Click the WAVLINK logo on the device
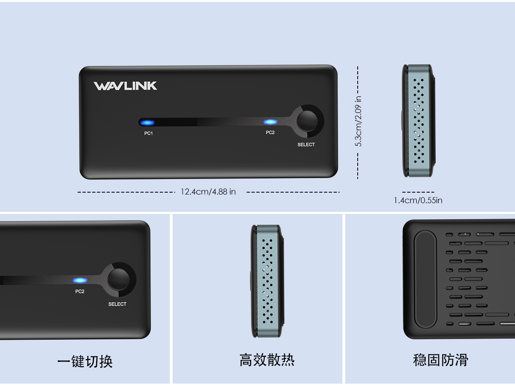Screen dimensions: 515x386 pos(125,86)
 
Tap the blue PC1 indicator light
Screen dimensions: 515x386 pos(148,123)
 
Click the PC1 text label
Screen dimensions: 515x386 pos(148,133)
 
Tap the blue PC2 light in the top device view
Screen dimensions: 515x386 pos(270,122)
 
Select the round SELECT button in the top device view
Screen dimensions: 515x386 pos(307,121)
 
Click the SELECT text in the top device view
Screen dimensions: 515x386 pos(306,145)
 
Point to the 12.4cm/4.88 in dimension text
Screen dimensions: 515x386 pos(208,192)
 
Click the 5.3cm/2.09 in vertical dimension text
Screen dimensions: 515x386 pos(358,121)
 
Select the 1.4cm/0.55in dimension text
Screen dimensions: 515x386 pos(418,200)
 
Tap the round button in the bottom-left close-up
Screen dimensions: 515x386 pos(118,279)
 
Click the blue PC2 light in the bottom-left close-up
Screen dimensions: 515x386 pos(80,280)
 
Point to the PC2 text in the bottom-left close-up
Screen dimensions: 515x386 pos(80,292)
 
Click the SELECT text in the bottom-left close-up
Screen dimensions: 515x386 pos(117,304)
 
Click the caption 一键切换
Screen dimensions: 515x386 pos(85,361)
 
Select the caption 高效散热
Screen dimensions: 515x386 pos(267,360)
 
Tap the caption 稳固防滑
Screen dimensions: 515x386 pos(441,360)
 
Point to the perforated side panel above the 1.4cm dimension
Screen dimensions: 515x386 pos(419,121)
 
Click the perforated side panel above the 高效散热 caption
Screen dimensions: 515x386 pos(268,281)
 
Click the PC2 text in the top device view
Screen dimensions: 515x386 pos(270,133)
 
